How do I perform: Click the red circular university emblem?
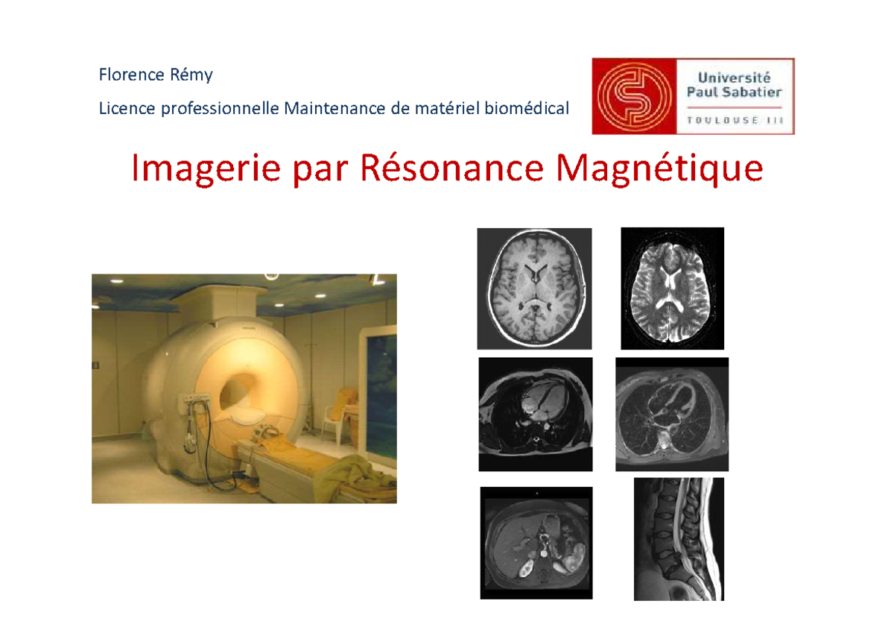tap(634, 96)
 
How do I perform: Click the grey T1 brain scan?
tap(534, 288)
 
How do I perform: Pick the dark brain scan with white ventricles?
tap(672, 288)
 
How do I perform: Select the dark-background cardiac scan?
tap(535, 414)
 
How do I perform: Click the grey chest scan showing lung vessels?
tap(672, 414)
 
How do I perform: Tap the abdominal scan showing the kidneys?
tap(536, 543)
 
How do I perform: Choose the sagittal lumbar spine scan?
tap(679, 538)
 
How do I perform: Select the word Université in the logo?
tap(735, 77)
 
